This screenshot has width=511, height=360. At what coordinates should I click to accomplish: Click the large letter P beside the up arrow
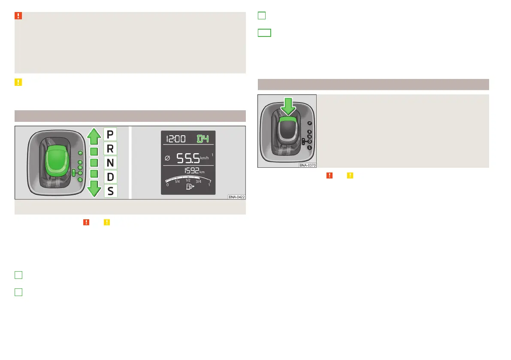[x=110, y=135]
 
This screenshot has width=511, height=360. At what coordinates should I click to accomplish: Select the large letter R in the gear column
[x=110, y=149]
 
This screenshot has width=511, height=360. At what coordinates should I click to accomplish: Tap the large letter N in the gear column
[x=110, y=163]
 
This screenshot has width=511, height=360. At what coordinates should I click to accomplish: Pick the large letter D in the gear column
[x=110, y=177]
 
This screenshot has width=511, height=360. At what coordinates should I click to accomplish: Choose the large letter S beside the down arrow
[x=110, y=191]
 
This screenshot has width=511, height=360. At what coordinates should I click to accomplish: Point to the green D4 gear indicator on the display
[x=204, y=139]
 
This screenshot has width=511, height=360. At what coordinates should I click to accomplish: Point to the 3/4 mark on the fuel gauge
[x=198, y=182]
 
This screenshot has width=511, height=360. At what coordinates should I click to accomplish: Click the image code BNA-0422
[x=236, y=197]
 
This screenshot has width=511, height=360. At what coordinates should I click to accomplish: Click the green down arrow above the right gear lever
[x=288, y=106]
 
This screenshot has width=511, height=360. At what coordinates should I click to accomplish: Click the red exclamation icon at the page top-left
[x=18, y=16]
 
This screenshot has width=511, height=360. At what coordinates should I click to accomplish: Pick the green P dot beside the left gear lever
[x=80, y=152]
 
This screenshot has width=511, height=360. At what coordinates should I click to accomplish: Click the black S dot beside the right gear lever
[x=309, y=147]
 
